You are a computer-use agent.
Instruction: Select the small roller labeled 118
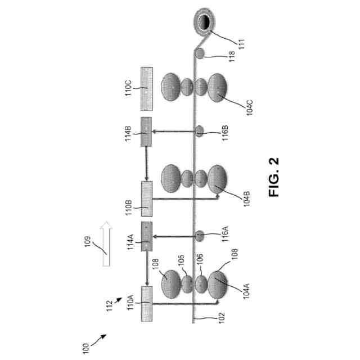pos(200,53)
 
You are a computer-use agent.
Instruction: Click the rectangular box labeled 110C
pos(147,87)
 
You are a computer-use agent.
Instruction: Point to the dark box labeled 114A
pos(147,237)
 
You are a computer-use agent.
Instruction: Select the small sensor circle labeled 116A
pos(200,233)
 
